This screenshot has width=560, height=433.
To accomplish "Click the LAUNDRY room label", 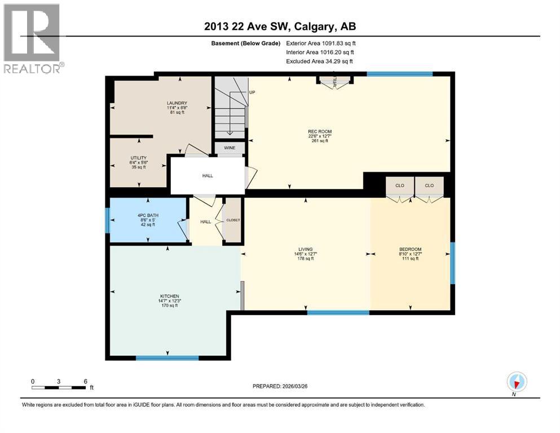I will click(177, 103).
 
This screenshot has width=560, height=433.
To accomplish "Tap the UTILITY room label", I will click(138, 158).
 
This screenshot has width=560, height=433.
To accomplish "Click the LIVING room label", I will click(306, 249).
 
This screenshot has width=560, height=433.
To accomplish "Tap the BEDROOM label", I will click(410, 249).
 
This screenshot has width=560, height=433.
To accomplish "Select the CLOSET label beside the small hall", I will click(233, 220).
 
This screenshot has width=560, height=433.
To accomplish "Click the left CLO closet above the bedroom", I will click(399, 185).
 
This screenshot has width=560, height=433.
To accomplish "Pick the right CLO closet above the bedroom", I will click(429, 185).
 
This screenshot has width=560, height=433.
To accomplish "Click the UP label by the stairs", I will click(252, 91).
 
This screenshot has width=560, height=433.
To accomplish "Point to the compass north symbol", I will click(516, 382).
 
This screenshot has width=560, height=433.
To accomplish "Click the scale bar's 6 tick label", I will click(85, 381).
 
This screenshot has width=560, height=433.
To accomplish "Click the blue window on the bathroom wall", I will click(107, 220).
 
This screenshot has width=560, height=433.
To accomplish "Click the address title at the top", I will click(280, 26).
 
